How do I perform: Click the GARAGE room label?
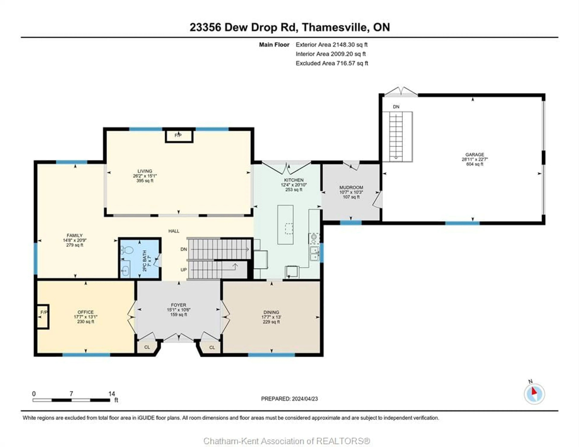pos(475,154)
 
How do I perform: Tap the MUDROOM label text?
pos(351,187)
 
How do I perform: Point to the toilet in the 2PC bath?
pos(128,250)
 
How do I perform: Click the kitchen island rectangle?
pos(285,224)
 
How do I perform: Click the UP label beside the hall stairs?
pos(184,270)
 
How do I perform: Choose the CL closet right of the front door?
pos(212,347)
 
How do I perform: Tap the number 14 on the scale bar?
pos(112,394)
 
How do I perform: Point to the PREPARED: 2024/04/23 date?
pos(289,399)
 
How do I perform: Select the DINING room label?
pos(271,312)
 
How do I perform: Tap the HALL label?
pos(174,231)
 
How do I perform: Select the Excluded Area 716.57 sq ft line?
pos(332,63)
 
